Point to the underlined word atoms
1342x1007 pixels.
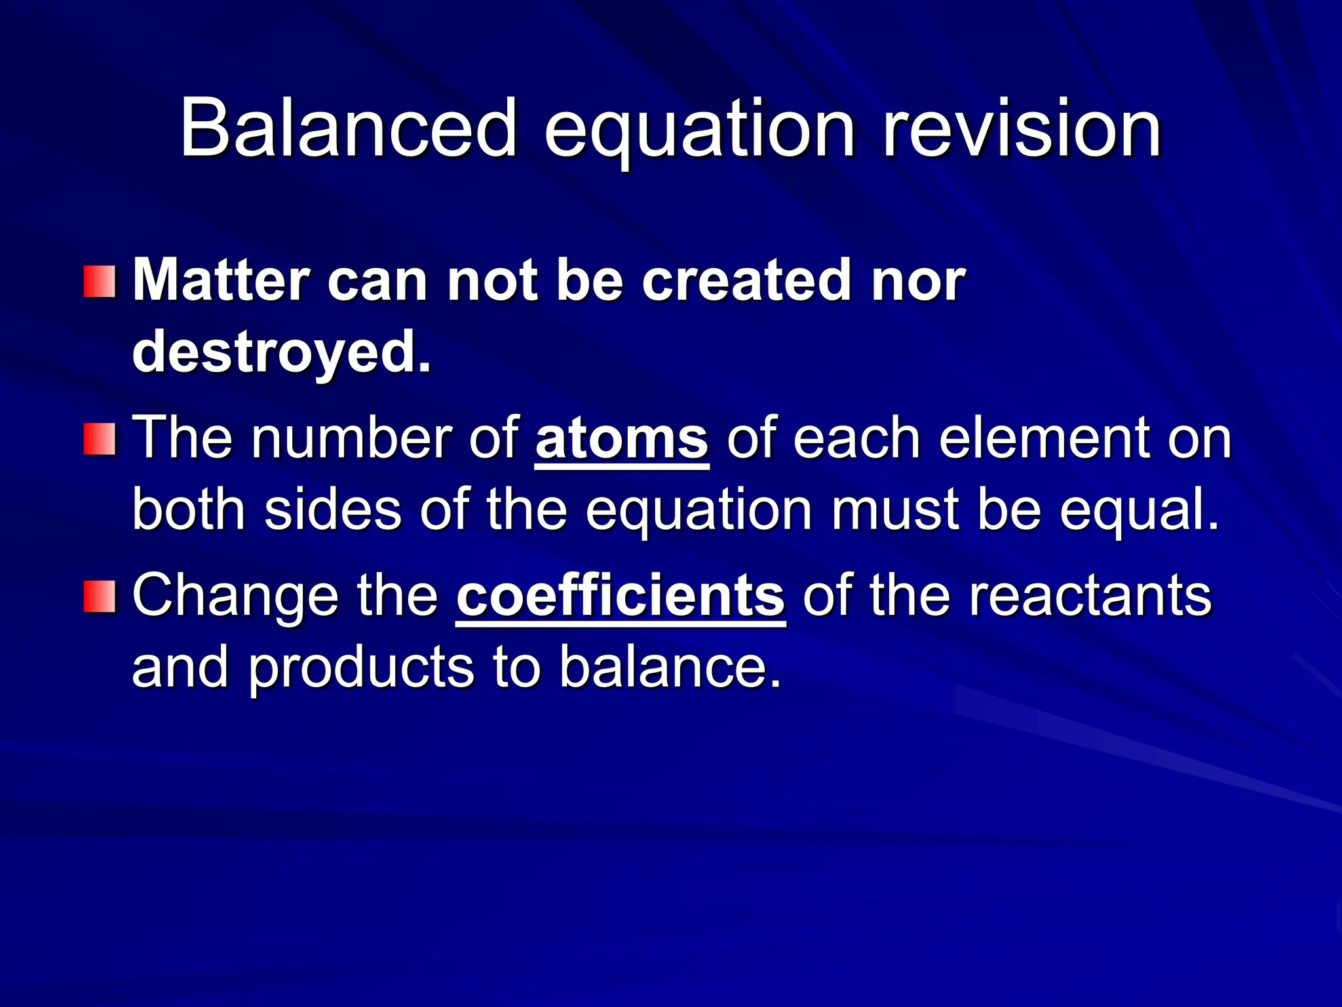[x=622, y=438]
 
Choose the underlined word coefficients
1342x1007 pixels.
[x=621, y=595]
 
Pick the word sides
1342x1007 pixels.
[x=332, y=510]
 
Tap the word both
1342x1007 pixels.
[x=189, y=510]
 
